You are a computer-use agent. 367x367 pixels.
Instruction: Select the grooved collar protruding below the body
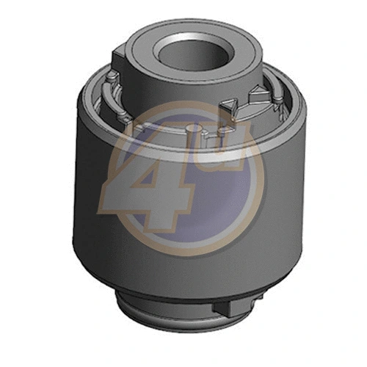pos(183,316)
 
